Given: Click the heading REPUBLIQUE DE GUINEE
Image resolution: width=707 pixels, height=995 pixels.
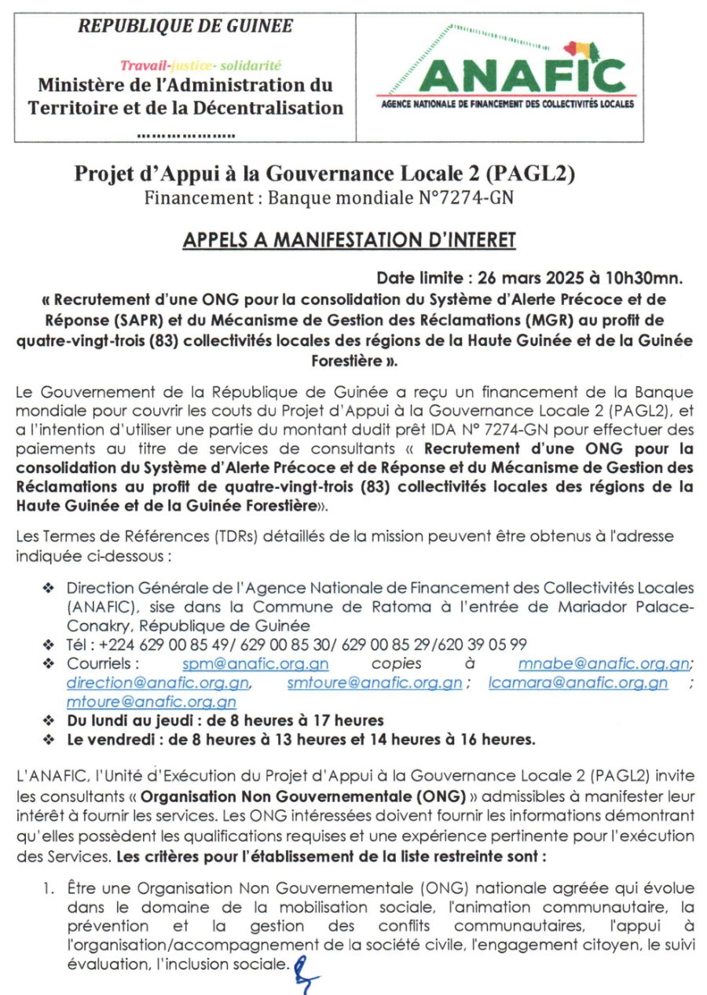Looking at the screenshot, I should click(x=185, y=26).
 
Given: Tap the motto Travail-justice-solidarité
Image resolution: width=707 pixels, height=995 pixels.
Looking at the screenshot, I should click(x=200, y=65).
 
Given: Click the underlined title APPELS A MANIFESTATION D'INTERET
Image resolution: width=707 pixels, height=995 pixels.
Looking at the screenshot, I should click(x=349, y=240).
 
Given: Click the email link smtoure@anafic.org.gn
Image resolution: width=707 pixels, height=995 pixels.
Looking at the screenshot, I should click(x=374, y=683).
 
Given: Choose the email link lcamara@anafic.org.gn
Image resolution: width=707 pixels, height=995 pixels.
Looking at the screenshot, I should click(x=578, y=683).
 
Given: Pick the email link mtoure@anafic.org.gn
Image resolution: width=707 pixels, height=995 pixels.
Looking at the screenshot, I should click(x=152, y=702).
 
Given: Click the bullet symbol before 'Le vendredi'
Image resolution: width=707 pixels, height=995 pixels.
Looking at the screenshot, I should click(x=49, y=740).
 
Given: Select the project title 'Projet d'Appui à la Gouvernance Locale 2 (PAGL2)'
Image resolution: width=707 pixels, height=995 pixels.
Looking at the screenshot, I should click(x=330, y=174).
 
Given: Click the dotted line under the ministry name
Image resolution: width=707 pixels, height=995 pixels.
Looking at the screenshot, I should click(x=185, y=134).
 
